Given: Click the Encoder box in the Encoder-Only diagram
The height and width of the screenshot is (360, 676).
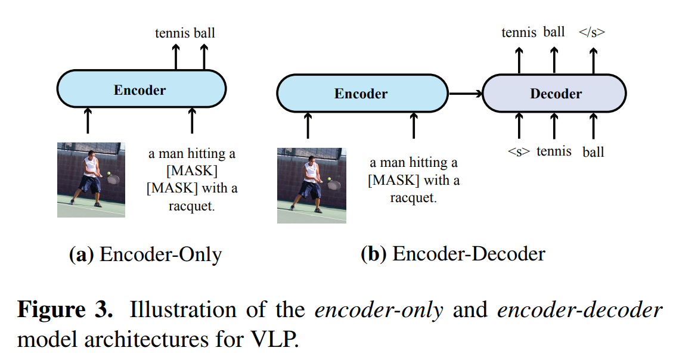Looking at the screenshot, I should [141, 90].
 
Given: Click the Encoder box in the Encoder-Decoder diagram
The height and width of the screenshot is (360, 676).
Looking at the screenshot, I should [361, 94].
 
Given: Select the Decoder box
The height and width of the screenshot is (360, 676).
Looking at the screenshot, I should [554, 94].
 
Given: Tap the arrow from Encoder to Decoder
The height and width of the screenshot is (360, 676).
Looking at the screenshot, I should [465, 94].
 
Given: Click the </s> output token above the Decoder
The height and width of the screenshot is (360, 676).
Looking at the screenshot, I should [592, 32].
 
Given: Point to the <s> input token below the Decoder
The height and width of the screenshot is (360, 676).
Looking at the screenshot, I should [519, 152].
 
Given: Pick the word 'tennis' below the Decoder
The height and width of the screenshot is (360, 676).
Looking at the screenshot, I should [554, 151].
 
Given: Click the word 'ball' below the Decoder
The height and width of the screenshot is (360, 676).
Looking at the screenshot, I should [593, 152].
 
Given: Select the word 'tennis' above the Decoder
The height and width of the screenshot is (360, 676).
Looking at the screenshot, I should [519, 32].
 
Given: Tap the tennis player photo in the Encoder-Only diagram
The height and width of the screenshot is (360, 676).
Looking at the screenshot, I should [91, 179].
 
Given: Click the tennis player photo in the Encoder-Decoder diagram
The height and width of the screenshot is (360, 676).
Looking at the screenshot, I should [311, 185].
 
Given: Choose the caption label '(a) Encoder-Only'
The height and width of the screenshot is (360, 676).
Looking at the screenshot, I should [145, 255].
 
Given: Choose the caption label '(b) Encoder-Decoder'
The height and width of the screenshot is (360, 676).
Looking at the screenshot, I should [453, 254].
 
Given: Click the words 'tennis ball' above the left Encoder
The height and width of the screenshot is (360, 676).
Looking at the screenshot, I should [185, 33].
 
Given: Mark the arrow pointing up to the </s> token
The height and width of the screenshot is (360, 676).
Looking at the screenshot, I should [593, 60].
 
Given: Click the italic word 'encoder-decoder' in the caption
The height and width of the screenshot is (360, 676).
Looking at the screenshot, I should [579, 311].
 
